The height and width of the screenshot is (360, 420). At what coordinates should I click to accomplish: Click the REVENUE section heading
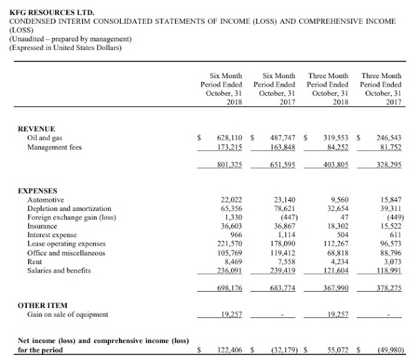pos(36,129)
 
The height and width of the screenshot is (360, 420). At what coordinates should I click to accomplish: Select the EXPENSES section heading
pos(37,191)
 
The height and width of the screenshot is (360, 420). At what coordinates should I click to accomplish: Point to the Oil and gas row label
pos(43,138)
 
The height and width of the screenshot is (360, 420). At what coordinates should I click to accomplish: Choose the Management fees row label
pos(54,147)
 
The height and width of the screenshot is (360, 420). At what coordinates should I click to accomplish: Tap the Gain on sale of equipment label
pos(68,315)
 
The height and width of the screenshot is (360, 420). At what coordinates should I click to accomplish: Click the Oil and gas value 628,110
pos(230,138)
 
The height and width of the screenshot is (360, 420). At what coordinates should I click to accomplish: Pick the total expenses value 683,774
pos(283,288)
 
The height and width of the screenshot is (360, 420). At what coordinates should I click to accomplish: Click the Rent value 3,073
pos(392,261)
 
